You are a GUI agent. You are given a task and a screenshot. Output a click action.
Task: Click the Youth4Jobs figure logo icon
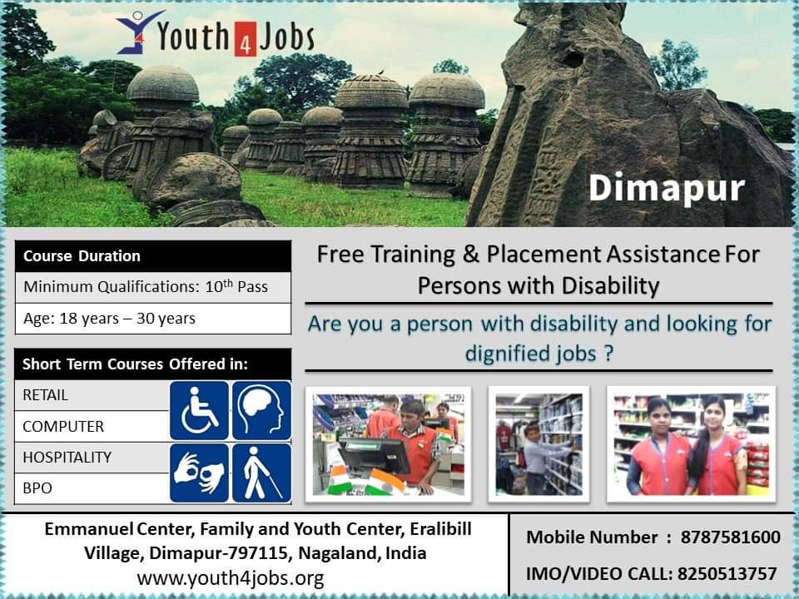click(x=138, y=32)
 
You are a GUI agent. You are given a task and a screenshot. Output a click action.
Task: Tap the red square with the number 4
click(x=245, y=39)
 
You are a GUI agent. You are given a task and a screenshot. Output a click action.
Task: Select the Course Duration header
click(x=153, y=255)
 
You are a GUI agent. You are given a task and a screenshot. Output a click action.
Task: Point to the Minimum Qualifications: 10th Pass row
click(x=153, y=287)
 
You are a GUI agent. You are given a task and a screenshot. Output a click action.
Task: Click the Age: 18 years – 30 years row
click(x=153, y=319)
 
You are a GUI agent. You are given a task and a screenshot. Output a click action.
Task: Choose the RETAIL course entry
click(x=92, y=395)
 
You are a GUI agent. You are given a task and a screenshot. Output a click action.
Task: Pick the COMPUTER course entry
click(x=92, y=426)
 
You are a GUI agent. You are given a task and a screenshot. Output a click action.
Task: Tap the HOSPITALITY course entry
click(x=92, y=458)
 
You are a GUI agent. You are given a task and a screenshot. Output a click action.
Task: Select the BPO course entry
click(x=92, y=488)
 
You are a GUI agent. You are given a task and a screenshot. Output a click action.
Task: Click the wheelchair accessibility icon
click(x=199, y=410)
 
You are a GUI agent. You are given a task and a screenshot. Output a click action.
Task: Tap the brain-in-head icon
click(x=261, y=410)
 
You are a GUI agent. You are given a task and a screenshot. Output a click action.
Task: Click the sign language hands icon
click(x=199, y=473)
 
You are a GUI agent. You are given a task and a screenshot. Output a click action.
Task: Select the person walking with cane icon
click(x=261, y=473)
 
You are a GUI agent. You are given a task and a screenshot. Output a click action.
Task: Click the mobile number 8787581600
click(x=730, y=537)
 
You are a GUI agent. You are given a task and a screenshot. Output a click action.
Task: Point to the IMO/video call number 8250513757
click(x=727, y=574)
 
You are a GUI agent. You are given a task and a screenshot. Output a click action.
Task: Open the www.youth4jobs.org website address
click(x=231, y=579)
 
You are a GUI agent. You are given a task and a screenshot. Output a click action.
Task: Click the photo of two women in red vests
click(x=691, y=444)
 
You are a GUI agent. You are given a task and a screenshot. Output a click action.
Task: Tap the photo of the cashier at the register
click(x=389, y=444)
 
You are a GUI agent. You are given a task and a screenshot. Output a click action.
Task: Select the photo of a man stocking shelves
click(x=538, y=444)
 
